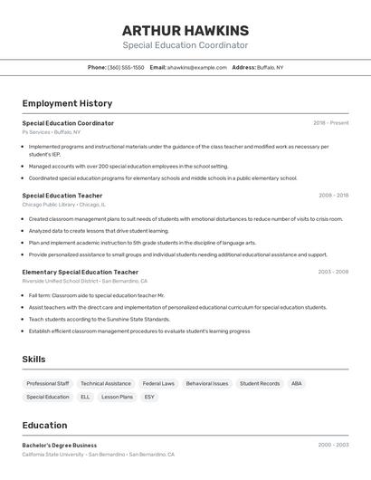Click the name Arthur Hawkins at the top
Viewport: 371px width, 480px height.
pyautogui.click(x=185, y=30)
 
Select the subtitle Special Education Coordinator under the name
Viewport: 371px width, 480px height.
pyautogui.click(x=185, y=45)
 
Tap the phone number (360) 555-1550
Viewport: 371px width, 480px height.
pyautogui.click(x=126, y=67)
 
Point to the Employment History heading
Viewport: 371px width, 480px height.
pyautogui.click(x=67, y=103)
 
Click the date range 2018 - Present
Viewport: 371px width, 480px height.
pyautogui.click(x=331, y=123)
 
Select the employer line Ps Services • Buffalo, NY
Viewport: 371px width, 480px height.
pyautogui.click(x=51, y=132)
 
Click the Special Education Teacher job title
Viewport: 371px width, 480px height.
pyautogui.click(x=62, y=195)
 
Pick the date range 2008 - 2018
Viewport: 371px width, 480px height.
pyautogui.click(x=333, y=195)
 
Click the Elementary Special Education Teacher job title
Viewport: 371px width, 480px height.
pyautogui.click(x=81, y=272)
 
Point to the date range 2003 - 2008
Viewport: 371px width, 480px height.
pyautogui.click(x=333, y=272)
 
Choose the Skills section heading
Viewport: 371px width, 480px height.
pyautogui.click(x=34, y=360)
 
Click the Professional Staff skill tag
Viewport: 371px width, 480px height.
pyautogui.click(x=48, y=383)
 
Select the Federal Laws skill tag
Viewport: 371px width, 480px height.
pyautogui.click(x=158, y=383)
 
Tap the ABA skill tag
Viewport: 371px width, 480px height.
pyautogui.click(x=297, y=383)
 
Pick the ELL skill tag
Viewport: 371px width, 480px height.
pyautogui.click(x=85, y=397)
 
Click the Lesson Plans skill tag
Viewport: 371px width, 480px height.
pyautogui.click(x=117, y=397)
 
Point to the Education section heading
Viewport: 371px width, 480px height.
pyautogui.click(x=44, y=425)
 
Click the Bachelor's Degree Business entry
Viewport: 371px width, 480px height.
pyautogui.click(x=60, y=446)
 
